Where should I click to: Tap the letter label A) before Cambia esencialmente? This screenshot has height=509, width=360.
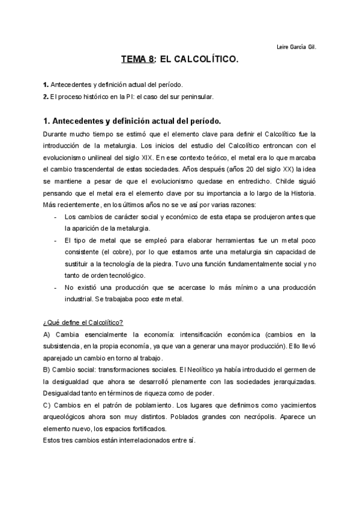coord(47,334)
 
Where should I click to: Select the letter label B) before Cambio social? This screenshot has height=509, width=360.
coord(47,369)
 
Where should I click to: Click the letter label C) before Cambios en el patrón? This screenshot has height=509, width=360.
coord(47,405)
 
